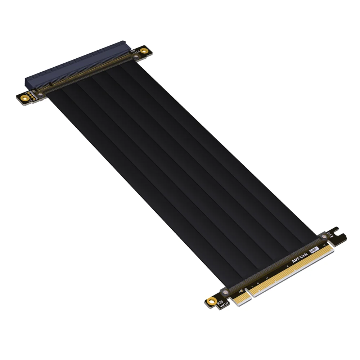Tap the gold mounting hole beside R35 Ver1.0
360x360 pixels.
coord(210,301)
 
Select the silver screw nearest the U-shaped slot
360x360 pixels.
coord(324,235)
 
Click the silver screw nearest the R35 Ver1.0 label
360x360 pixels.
coord(225,291)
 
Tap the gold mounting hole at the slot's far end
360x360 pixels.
coord(145,51)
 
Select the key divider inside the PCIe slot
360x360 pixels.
coord(50,84)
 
